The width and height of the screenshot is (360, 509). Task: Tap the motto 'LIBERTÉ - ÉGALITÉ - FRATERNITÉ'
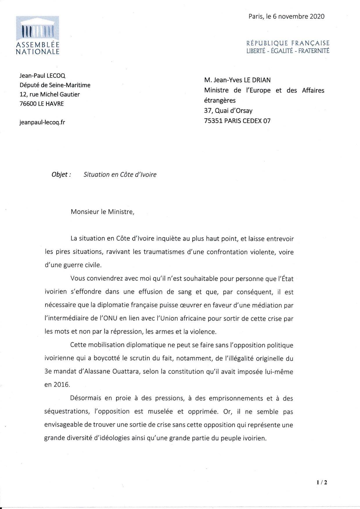(x=288, y=51)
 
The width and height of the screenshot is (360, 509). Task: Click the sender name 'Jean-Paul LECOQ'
(x=42, y=75)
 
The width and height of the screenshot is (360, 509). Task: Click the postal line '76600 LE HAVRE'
(x=42, y=104)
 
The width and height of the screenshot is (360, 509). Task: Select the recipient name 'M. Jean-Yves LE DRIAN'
(x=237, y=80)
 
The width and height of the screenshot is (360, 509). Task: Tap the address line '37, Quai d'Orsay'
(x=228, y=111)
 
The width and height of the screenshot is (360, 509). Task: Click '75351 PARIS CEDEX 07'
(x=237, y=121)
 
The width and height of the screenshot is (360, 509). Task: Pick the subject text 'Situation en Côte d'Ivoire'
(x=120, y=175)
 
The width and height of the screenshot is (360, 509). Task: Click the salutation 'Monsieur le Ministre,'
(x=102, y=212)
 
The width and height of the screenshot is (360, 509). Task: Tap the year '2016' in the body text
(x=61, y=385)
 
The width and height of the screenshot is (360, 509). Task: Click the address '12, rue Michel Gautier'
(x=49, y=94)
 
